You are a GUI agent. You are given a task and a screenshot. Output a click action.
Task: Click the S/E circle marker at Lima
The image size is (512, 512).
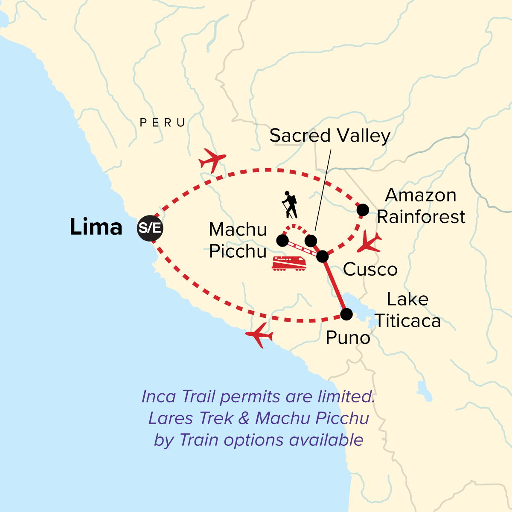click(x=150, y=228)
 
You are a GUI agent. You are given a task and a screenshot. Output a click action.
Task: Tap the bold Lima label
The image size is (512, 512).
click(x=96, y=227)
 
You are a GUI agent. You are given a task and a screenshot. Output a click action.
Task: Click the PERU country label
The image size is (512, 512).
click(x=163, y=123)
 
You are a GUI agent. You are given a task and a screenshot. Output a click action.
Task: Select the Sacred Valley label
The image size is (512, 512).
click(x=330, y=136)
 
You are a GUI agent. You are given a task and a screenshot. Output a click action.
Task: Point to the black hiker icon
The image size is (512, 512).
click(x=290, y=205)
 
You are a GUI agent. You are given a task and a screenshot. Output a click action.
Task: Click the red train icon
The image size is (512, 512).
click(x=289, y=263)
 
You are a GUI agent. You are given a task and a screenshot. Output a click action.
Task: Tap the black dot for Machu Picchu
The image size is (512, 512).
click(x=282, y=241)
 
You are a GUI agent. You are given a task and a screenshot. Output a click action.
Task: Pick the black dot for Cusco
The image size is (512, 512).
click(x=323, y=256)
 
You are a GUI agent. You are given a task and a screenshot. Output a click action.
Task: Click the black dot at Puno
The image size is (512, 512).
click(x=346, y=314)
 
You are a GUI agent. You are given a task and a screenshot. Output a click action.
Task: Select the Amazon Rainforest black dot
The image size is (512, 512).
click(x=363, y=209)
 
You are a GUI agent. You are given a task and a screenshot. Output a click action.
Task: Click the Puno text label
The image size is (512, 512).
click(x=348, y=338)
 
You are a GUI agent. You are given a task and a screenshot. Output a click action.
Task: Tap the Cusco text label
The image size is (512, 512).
click(x=370, y=269)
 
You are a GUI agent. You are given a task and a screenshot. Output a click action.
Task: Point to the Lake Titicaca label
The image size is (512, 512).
click(x=407, y=310)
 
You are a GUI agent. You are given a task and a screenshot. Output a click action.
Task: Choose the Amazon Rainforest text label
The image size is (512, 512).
click(x=421, y=206)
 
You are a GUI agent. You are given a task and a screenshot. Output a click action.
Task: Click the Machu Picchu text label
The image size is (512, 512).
click(x=238, y=241)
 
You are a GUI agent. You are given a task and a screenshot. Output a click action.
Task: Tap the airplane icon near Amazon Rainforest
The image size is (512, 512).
click(x=369, y=243)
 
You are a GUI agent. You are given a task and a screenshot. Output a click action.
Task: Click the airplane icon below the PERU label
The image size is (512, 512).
click(x=212, y=160)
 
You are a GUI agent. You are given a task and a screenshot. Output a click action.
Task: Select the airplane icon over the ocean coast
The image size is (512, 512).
click(x=259, y=335)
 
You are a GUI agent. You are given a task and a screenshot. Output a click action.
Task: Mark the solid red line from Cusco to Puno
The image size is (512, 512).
click(x=335, y=285)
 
